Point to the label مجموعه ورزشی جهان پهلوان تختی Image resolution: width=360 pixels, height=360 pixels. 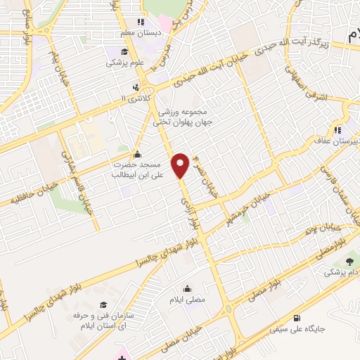[x=185, y=117]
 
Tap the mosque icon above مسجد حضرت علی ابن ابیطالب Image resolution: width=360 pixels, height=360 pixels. [x=136, y=154]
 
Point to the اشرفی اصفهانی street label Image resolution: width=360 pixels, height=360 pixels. [x=319, y=92]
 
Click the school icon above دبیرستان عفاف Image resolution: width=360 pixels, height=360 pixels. [x=338, y=129]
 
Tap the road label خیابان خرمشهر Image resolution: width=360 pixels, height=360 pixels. [x=243, y=200]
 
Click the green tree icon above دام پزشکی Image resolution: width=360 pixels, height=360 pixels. [x=350, y=261]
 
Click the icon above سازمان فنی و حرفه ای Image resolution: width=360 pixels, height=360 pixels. [x=104, y=304]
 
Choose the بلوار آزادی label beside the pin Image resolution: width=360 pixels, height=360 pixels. [x=197, y=211]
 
